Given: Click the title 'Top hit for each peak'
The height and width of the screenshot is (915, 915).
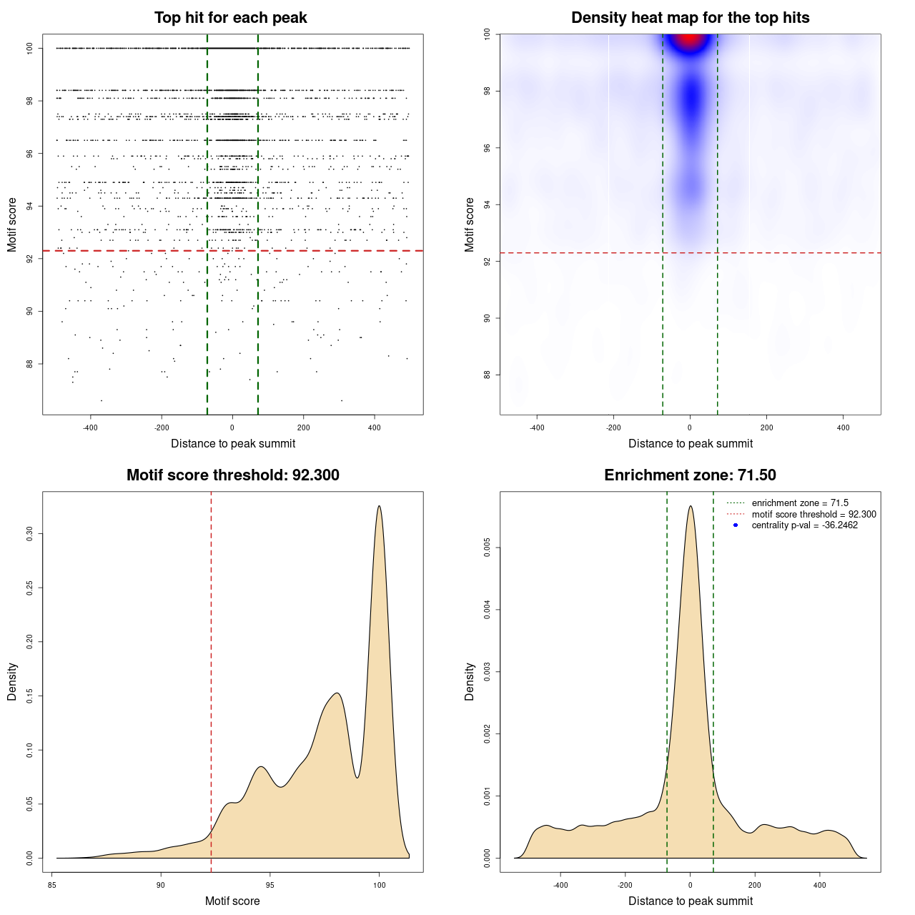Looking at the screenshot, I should tap(230, 18).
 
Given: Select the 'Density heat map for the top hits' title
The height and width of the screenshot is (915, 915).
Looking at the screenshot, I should tap(690, 18).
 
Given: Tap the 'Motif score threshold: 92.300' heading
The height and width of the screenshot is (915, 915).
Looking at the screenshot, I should tap(232, 475).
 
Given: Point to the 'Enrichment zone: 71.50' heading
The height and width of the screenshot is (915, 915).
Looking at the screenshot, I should tap(690, 475).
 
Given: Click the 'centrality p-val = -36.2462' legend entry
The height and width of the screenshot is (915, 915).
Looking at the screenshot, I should tap(804, 525).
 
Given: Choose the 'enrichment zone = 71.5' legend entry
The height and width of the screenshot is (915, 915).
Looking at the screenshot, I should tap(800, 503).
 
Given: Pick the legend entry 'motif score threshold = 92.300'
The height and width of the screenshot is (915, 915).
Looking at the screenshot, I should tap(813, 515).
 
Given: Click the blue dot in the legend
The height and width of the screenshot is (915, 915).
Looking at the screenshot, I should tap(736, 525).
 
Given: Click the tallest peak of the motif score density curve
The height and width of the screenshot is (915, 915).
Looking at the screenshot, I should tap(379, 506).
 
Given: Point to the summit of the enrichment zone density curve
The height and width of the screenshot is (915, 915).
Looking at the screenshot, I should tap(690, 506).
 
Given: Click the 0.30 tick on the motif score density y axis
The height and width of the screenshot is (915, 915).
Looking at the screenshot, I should tap(30, 533).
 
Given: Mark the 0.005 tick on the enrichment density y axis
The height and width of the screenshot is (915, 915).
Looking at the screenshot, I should tap(488, 548).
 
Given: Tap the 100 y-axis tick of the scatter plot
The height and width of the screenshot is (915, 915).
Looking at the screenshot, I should tap(30, 48).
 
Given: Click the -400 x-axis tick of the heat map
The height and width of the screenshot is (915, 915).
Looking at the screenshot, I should tap(537, 427).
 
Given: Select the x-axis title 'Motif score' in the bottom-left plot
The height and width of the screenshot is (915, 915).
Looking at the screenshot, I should tap(232, 901).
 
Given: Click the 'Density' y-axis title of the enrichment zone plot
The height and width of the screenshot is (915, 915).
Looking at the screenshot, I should tap(470, 681).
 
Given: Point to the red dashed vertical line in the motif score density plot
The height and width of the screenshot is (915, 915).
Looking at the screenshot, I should tap(211, 679).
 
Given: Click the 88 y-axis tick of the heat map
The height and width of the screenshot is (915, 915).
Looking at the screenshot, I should tap(488, 375).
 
